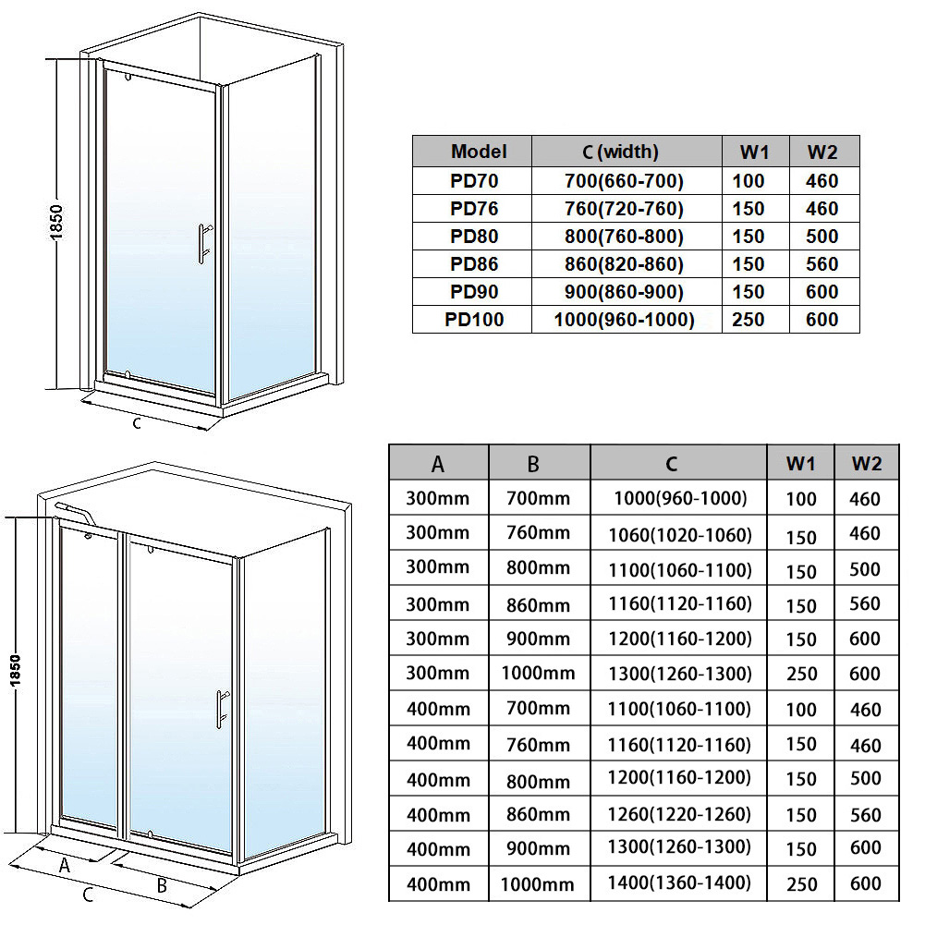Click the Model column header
pos(479,152)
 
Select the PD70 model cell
pos(474,180)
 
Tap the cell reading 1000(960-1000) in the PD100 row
pos(624,319)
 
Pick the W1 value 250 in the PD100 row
pos(748,319)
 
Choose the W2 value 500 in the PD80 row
pos(822,236)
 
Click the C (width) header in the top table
pos(620,152)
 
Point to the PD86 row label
pos(474,263)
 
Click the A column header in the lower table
pos(438,464)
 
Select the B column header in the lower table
pos(533,464)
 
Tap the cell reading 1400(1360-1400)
pos(679,882)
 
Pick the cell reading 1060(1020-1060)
pos(680,535)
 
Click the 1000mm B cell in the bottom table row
pos(538,884)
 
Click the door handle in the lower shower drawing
pos(221,709)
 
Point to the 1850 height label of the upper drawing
pos(56,223)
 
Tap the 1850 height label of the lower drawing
pos(15,671)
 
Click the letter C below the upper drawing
pos(137,422)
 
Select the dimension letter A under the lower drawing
pos(65,865)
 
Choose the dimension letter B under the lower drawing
pos(162,885)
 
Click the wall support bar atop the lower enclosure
pos(74,511)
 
